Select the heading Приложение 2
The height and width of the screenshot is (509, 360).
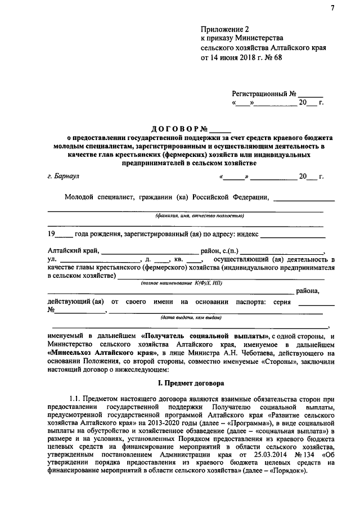tap(224, 29)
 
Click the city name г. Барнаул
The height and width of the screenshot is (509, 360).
tap(64, 176)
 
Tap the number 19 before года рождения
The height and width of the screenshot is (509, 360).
tap(52, 235)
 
